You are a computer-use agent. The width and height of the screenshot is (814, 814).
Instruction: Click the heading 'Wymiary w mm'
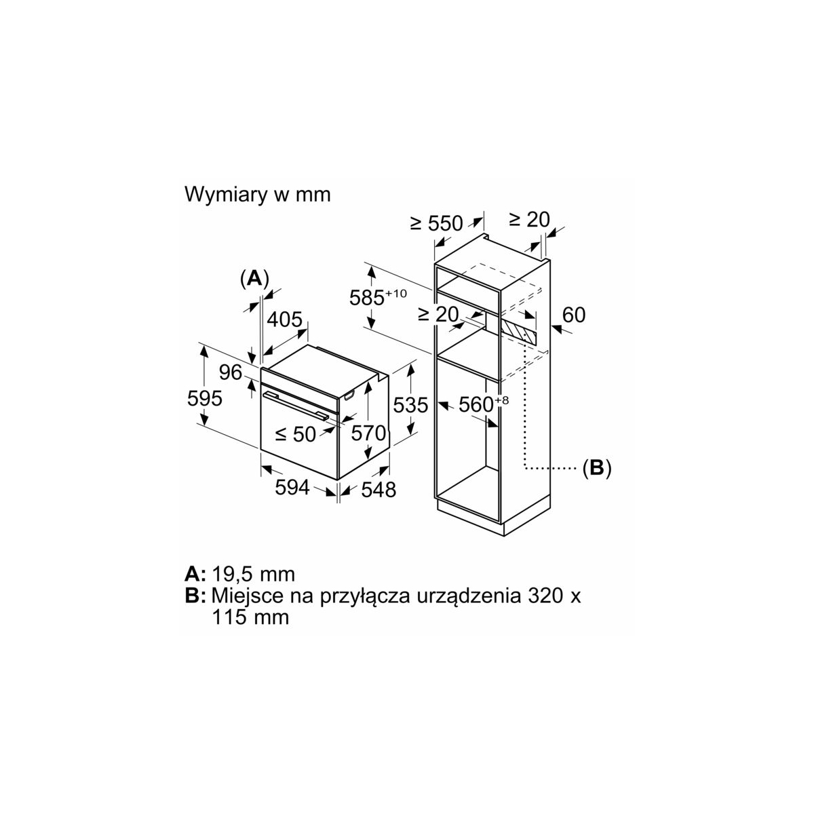point(258,195)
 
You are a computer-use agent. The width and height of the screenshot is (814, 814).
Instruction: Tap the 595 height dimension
point(204,398)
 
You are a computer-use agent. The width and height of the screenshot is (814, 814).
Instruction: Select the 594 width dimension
point(292,487)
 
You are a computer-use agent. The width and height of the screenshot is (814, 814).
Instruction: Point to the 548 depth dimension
point(378,489)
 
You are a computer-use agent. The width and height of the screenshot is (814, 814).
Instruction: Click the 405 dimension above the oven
point(284,319)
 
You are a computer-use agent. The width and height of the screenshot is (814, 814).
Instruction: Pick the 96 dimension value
point(231,372)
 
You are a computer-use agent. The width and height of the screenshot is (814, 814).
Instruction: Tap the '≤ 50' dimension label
point(296,434)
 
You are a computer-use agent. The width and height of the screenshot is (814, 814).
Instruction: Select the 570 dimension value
point(368,433)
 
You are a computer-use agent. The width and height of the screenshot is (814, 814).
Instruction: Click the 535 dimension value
point(411,406)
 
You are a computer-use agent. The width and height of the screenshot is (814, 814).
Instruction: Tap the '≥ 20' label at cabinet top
point(529,219)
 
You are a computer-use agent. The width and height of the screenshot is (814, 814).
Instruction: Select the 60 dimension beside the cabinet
point(574,315)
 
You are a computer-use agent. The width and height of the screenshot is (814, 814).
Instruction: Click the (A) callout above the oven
point(254,277)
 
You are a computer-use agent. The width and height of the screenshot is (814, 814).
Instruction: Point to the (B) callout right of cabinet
point(597,467)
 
